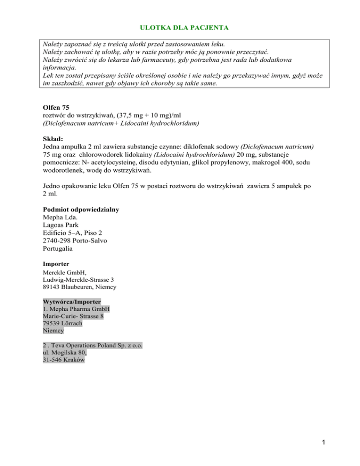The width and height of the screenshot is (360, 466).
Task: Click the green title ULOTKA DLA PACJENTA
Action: pos(180,28)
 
